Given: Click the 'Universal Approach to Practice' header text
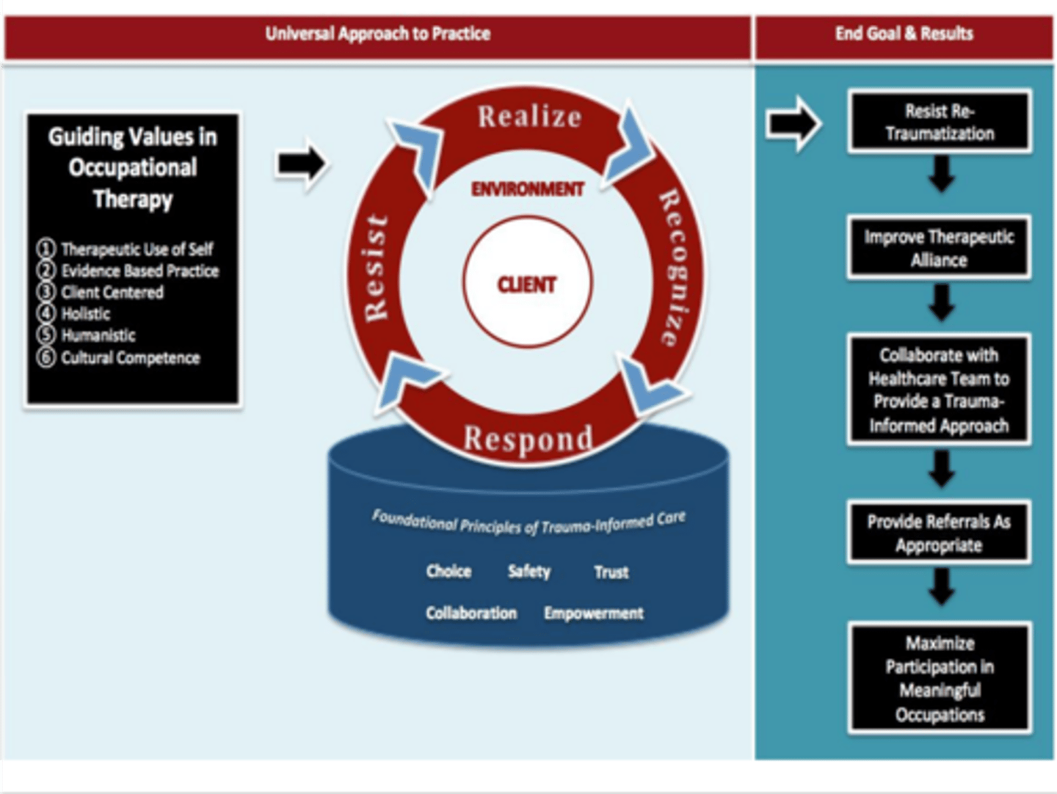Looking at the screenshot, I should [377, 34].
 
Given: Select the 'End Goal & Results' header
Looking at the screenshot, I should [904, 34].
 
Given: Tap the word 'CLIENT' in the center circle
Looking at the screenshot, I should [527, 285].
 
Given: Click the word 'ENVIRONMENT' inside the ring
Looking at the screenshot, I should [527, 189].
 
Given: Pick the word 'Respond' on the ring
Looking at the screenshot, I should [528, 439].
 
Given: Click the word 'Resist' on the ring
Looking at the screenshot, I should [376, 268].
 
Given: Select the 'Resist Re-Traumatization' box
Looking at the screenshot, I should [939, 123].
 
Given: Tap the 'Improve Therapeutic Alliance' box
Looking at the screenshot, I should [939, 248].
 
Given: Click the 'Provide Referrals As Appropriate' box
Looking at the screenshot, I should [939, 533].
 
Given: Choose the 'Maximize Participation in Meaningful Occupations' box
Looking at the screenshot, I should [940, 678].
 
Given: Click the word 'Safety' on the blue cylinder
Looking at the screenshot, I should [528, 571].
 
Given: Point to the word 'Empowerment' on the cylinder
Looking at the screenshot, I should [593, 613].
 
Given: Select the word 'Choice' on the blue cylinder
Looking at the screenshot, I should [448, 571].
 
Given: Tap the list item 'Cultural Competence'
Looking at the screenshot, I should [130, 358].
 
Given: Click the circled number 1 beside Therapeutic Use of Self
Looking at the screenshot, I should [46, 249].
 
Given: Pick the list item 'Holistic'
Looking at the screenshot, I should [86, 314].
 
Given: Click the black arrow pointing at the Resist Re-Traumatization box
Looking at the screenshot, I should [793, 124].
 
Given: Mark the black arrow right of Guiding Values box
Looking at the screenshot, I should [301, 164].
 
